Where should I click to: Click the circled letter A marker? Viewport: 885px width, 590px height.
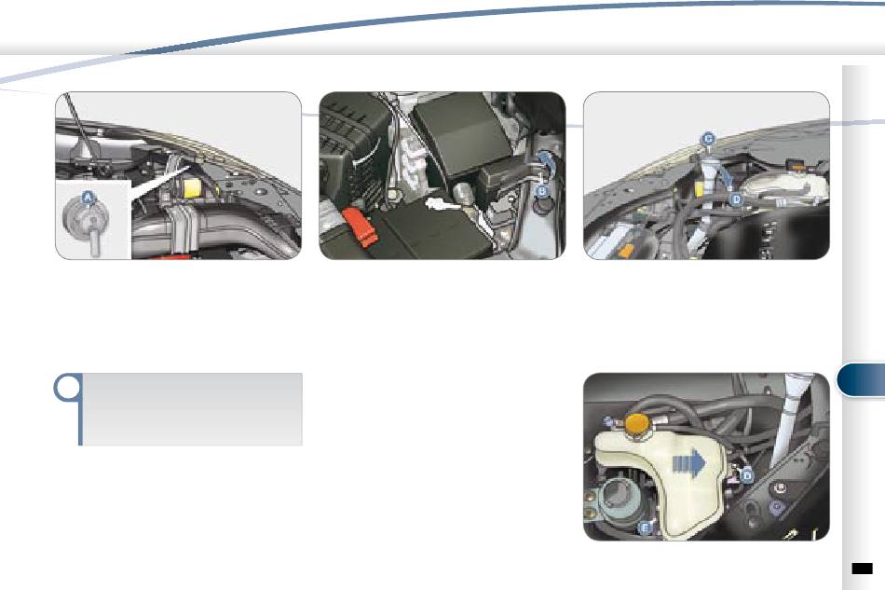click(x=87, y=198)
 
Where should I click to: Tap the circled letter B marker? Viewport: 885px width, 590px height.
click(x=542, y=191)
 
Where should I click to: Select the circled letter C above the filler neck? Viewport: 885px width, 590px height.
click(x=708, y=139)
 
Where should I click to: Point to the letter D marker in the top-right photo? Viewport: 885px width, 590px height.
click(x=736, y=199)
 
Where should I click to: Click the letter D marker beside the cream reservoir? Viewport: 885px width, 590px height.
click(x=747, y=476)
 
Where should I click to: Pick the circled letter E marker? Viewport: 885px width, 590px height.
click(x=645, y=528)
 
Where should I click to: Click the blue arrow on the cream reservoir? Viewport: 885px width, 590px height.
click(x=689, y=463)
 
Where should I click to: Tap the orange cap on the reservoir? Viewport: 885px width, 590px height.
click(x=636, y=425)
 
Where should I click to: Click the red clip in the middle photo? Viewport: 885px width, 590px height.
click(x=360, y=226)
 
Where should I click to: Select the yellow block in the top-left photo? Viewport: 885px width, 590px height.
click(x=193, y=188)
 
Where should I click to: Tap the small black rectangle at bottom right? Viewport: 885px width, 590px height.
click(x=862, y=568)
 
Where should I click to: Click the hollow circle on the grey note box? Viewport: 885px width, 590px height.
click(x=67, y=388)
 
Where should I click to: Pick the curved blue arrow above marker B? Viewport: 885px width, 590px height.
click(x=544, y=161)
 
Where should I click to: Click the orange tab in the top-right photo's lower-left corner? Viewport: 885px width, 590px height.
click(x=624, y=252)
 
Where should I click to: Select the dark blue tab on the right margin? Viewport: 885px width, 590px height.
click(x=861, y=380)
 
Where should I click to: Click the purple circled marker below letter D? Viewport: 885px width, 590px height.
click(x=777, y=506)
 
